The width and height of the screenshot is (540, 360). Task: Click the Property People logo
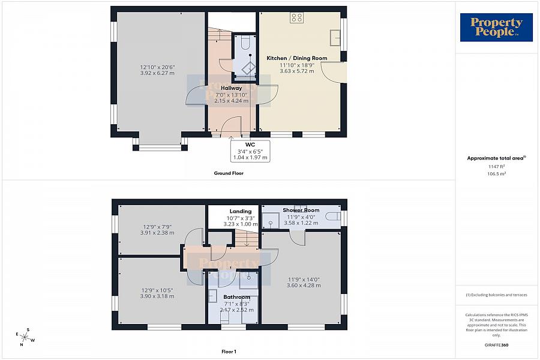[x=496, y=28]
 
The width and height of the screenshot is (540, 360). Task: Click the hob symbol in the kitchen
[x=297, y=17]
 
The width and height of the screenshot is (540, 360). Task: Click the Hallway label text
[x=231, y=88]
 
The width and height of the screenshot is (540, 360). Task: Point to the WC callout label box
[x=250, y=151]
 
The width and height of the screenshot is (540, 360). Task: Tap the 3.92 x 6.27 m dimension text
[x=157, y=73]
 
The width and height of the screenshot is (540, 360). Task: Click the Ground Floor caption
[x=229, y=173]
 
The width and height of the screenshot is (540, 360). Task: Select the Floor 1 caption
[x=228, y=352]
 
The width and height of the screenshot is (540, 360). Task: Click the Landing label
[x=240, y=211]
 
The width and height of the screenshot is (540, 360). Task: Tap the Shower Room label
[x=301, y=210]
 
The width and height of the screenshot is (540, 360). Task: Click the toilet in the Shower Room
[x=335, y=215]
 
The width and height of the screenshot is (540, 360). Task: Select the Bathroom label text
[x=236, y=297]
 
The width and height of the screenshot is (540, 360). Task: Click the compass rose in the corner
[x=25, y=338]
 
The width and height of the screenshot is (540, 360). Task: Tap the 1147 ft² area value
[x=496, y=166]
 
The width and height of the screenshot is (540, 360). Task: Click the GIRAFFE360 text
[x=496, y=346]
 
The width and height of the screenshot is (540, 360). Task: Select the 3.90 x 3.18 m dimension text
[x=157, y=296]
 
